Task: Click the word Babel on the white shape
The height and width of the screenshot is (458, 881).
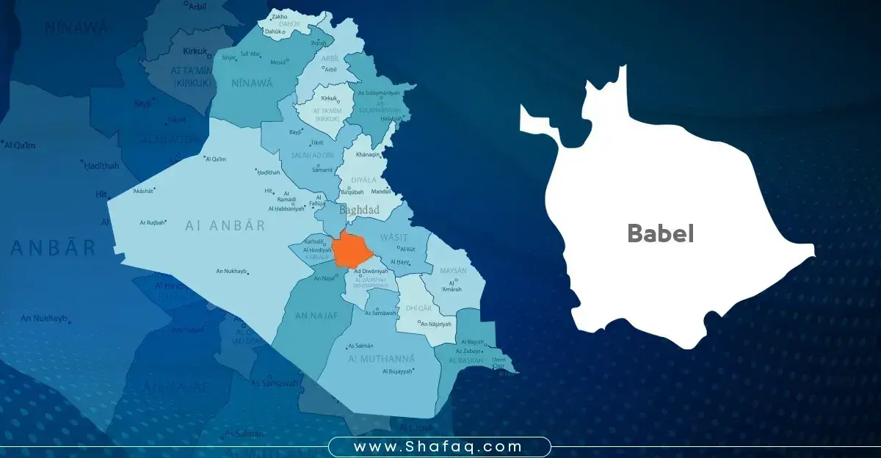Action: click(660, 233)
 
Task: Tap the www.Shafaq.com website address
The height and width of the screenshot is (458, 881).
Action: click(438, 446)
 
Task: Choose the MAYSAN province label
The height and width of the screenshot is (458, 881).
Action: click(453, 271)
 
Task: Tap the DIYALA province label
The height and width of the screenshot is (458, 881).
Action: click(358, 178)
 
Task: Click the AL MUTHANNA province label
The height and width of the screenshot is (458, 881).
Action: click(382, 358)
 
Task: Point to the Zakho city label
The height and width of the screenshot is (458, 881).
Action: click(279, 16)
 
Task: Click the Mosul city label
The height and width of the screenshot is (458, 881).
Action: click(278, 62)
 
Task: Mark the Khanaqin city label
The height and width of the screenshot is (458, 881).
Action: click(369, 155)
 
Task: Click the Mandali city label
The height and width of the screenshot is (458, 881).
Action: click(392, 191)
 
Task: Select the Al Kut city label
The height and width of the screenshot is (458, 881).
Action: click(408, 250)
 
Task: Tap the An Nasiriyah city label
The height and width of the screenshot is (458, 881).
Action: click(435, 323)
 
